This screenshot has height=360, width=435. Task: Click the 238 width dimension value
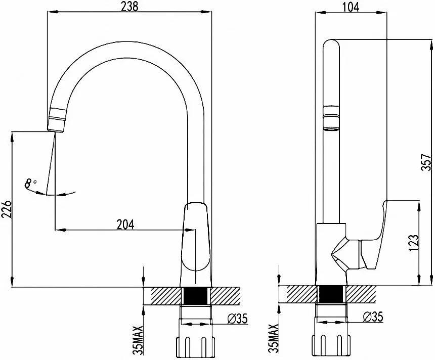tap(129, 7)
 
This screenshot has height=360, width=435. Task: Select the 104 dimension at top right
tap(351, 7)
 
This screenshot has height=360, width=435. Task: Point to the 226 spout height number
tap(7, 209)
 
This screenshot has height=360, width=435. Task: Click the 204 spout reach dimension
tap(125, 224)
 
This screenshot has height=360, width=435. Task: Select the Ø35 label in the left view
tap(237, 319)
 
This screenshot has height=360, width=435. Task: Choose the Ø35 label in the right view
tap(373, 317)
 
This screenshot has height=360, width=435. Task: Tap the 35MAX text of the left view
tap(139, 340)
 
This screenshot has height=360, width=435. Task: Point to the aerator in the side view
tap(331, 118)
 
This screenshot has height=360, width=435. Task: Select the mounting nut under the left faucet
tap(196, 347)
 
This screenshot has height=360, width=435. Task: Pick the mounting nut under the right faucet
tap(331, 345)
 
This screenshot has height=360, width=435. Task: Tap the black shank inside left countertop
tap(196, 296)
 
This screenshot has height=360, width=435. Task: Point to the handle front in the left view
tap(195, 236)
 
